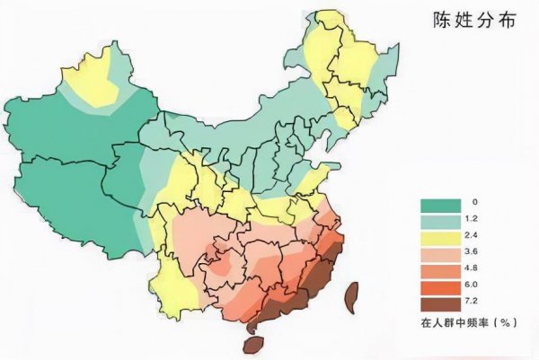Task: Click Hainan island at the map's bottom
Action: click(x=254, y=344)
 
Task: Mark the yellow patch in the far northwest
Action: click(x=94, y=76)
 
